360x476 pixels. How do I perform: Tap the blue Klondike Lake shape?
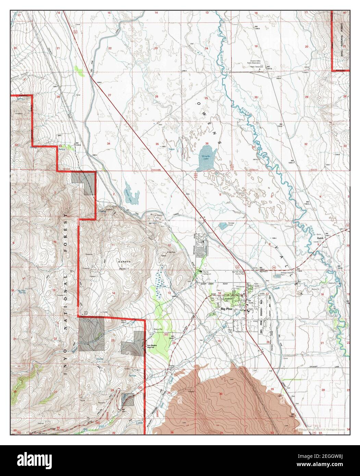(x=206, y=158)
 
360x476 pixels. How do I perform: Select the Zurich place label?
(x=320, y=238)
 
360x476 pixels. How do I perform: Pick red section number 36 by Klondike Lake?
(x=207, y=143)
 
